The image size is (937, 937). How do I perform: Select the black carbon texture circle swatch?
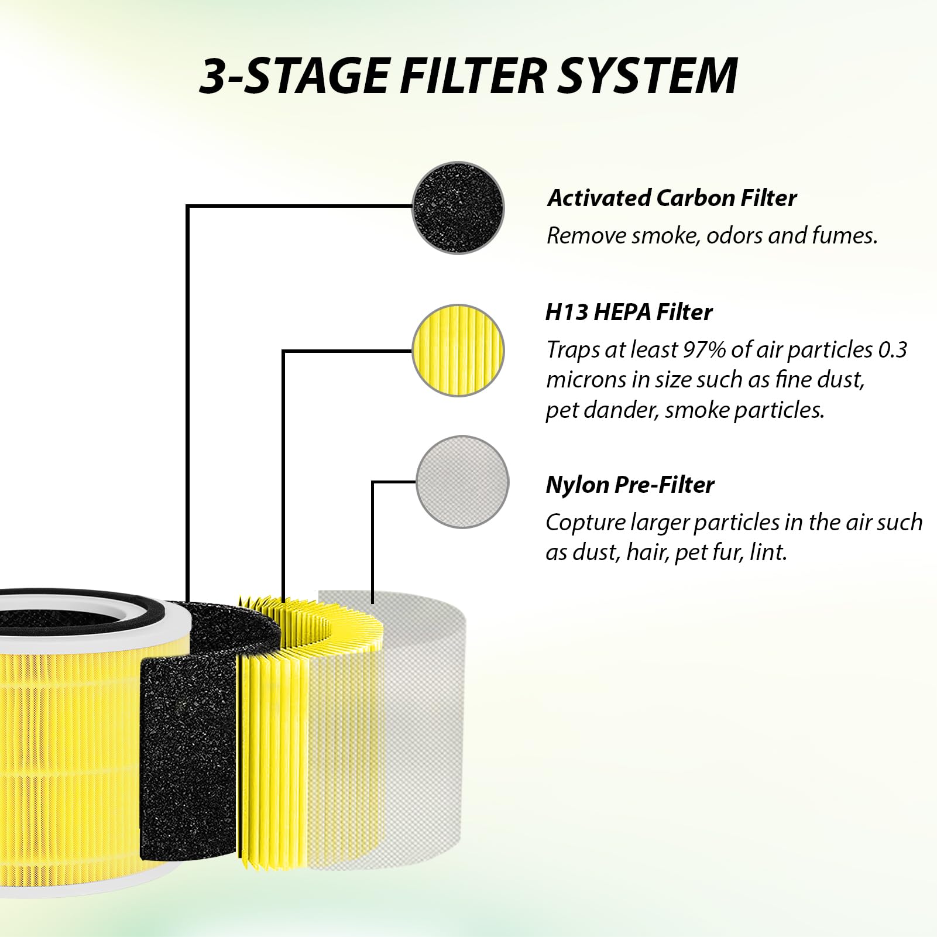pyautogui.click(x=458, y=208)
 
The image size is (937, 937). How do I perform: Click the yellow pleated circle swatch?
pyautogui.click(x=458, y=350)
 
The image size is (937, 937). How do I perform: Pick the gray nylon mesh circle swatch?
pyautogui.click(x=462, y=482)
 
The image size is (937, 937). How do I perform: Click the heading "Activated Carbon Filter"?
pyautogui.click(x=671, y=198)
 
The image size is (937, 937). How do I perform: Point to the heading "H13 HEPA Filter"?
pyautogui.click(x=629, y=312)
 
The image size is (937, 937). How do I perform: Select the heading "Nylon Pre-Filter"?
pyautogui.click(x=630, y=485)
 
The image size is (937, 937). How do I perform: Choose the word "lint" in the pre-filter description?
pyautogui.click(x=767, y=552)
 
